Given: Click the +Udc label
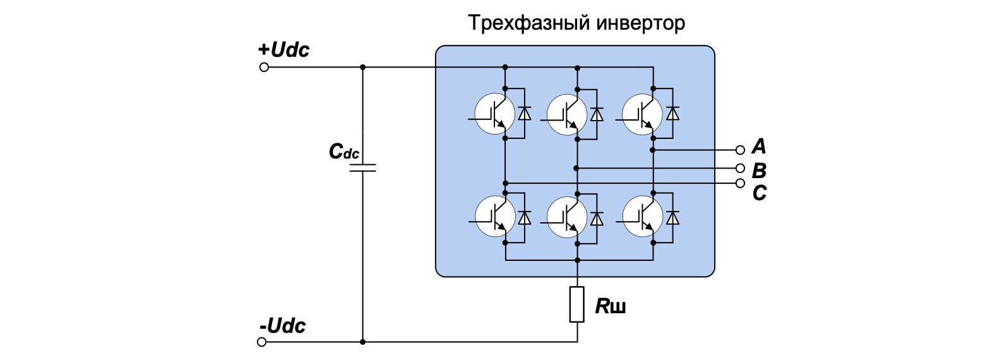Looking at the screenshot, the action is click(x=284, y=50).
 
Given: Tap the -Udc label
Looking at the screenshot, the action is click(x=282, y=326).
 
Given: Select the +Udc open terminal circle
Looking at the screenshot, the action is click(x=264, y=68).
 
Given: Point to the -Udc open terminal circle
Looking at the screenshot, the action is click(x=261, y=342).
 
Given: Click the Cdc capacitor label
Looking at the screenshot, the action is click(x=344, y=152).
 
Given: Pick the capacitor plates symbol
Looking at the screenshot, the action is click(x=363, y=167).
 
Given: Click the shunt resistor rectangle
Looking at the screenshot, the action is click(x=577, y=304).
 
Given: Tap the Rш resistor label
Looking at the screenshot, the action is click(x=611, y=306).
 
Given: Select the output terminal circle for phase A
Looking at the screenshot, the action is click(x=740, y=150).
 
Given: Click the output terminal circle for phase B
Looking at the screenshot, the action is click(x=740, y=168).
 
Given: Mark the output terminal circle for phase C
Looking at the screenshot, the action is click(x=740, y=183).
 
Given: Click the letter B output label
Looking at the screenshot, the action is click(x=760, y=171).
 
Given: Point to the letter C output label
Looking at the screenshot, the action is click(x=760, y=193).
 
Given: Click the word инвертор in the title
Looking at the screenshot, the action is click(x=641, y=23).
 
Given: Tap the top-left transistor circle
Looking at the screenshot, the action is click(x=494, y=114).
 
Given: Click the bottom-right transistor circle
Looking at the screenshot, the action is click(x=642, y=217).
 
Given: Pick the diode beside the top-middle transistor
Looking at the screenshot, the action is click(x=597, y=114).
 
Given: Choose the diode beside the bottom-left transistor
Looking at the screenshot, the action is click(x=524, y=217).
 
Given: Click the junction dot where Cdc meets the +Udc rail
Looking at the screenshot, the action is click(x=363, y=68).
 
